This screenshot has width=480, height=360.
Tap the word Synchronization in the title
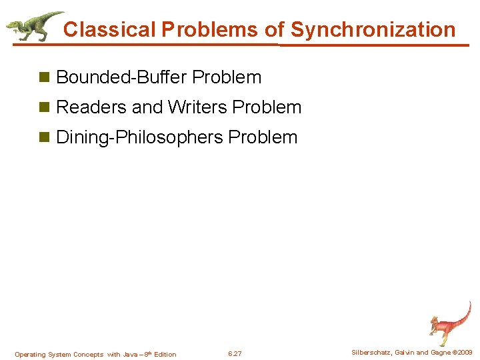click(x=373, y=29)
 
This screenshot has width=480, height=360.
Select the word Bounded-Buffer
click(x=122, y=77)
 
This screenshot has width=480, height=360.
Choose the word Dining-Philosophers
click(x=140, y=137)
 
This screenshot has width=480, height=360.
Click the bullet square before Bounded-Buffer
click(x=45, y=78)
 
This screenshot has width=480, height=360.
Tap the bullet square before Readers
click(x=45, y=108)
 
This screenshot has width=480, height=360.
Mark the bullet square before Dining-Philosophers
click(x=45, y=138)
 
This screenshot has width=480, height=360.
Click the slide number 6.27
click(x=235, y=354)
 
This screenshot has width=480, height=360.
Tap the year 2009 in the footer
click(x=465, y=353)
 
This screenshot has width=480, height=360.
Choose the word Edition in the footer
click(x=165, y=355)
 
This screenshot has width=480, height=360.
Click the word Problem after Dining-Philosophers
click(x=263, y=137)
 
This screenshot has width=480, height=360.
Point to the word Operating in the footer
click(x=29, y=355)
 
